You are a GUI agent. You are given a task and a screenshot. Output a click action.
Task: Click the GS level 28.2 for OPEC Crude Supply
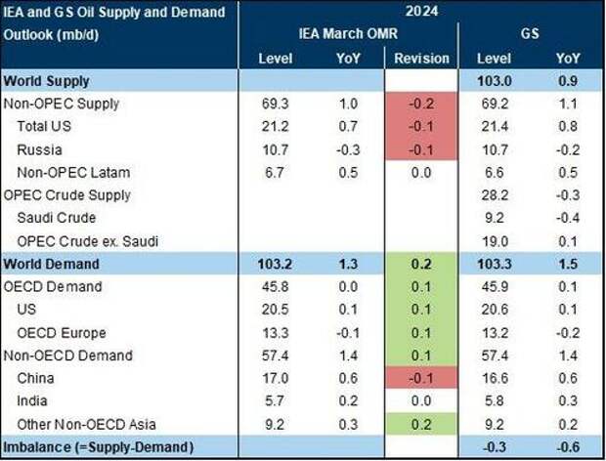[x=495, y=193]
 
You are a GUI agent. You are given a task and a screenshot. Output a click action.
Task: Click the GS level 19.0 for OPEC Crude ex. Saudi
[x=495, y=241]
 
